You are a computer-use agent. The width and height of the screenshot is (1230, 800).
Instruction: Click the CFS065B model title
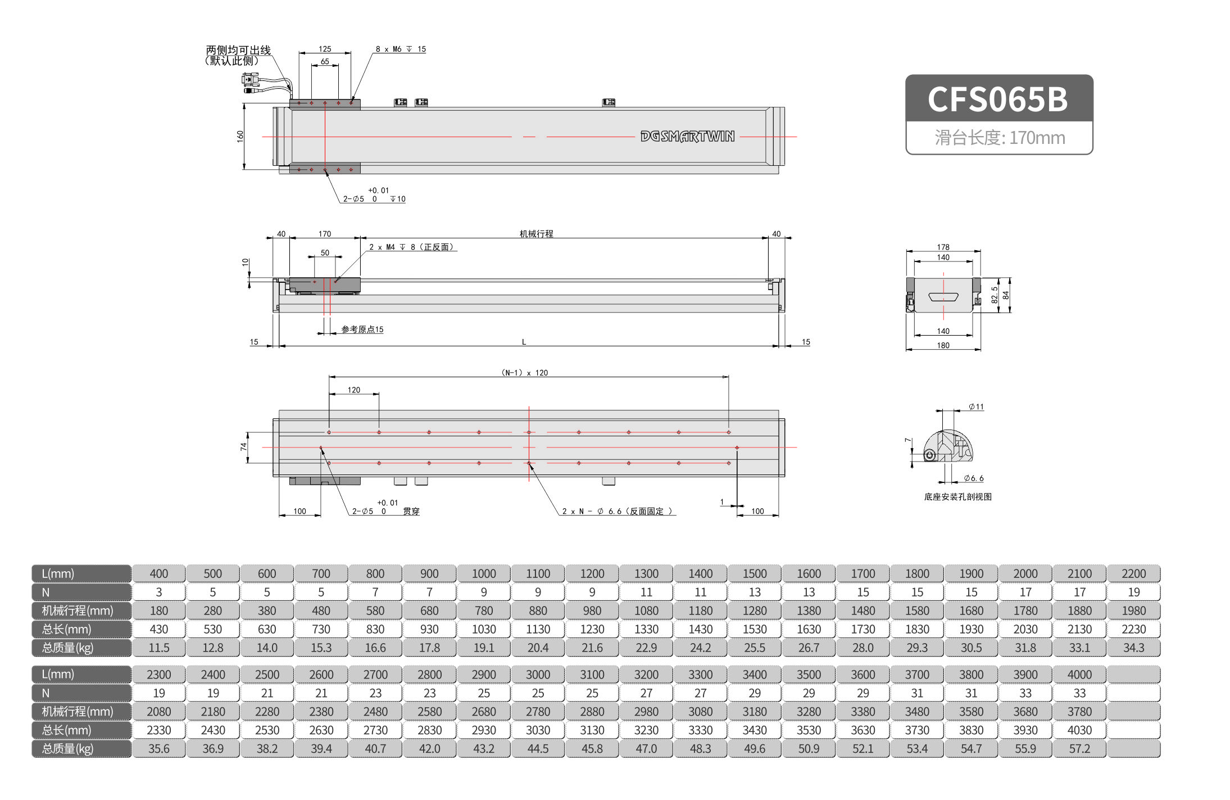pyautogui.click(x=998, y=100)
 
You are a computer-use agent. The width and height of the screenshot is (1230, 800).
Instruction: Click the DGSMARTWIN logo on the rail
pyautogui.click(x=687, y=137)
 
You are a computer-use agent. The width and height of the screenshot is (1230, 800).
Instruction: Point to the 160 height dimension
pyautogui.click(x=240, y=136)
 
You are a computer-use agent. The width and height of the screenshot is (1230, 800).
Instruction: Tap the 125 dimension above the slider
pyautogui.click(x=325, y=49)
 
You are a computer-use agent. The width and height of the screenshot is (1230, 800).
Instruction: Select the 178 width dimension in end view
pyautogui.click(x=943, y=247)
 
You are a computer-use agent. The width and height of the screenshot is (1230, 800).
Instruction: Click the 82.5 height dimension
pyautogui.click(x=994, y=295)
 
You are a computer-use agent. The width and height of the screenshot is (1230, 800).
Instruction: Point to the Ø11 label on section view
pyautogui.click(x=976, y=406)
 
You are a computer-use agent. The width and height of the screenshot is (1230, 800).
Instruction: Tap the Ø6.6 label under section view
pyautogui.click(x=974, y=478)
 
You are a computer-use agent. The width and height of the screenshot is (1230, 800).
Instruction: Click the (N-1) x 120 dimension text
pyautogui.click(x=524, y=373)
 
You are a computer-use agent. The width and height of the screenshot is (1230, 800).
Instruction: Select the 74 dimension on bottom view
pyautogui.click(x=243, y=447)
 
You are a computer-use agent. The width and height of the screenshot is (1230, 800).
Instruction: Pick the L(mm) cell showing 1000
pyautogui.click(x=484, y=573)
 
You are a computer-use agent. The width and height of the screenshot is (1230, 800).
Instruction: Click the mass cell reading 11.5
pyautogui.click(x=159, y=648)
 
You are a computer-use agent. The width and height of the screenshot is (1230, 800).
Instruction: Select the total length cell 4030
pyautogui.click(x=1079, y=730)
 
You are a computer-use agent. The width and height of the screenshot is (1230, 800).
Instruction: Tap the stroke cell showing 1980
pyautogui.click(x=1133, y=611)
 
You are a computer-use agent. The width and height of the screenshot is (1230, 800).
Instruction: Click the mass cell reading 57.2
pyautogui.click(x=1079, y=749)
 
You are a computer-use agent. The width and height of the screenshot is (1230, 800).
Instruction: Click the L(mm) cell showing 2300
pyautogui.click(x=159, y=675)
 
